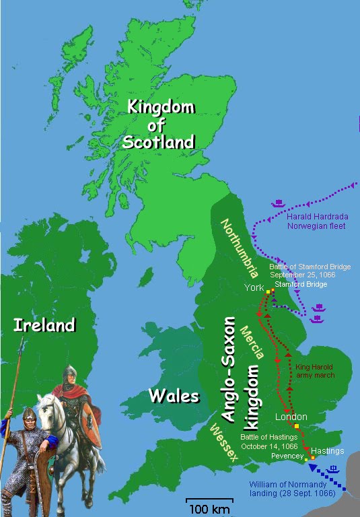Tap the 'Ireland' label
pyautogui.click(x=44, y=326)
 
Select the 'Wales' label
pyautogui.click(x=175, y=394)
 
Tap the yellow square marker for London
pyautogui.click(x=296, y=427)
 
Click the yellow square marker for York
pyautogui.click(x=267, y=291)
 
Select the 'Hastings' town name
pyautogui.click(x=328, y=450)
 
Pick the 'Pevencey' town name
pyautogui.click(x=287, y=456)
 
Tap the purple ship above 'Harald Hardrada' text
pyautogui.click(x=279, y=202)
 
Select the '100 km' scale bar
pyautogui.click(x=209, y=504)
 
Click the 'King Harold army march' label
pyautogui.click(x=315, y=370)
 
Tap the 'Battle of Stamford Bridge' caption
pyautogui.click(x=310, y=271)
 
